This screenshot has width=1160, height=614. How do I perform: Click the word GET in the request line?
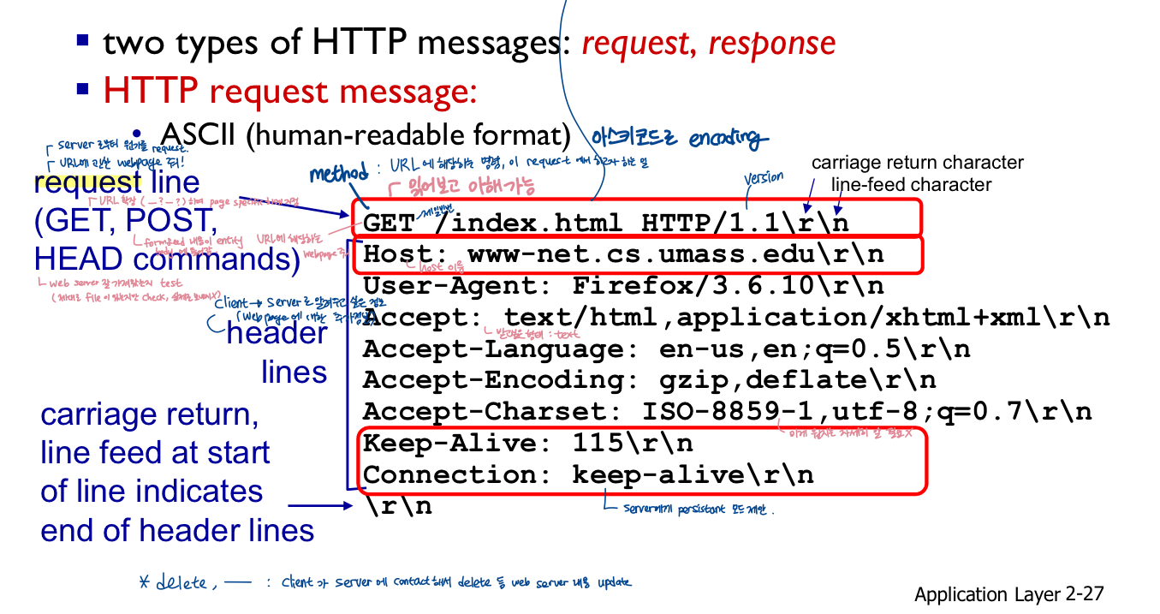click(390, 223)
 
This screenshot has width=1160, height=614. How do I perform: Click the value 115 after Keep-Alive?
click(598, 444)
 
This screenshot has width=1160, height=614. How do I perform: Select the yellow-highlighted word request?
click(88, 182)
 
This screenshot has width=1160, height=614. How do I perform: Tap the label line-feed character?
click(912, 185)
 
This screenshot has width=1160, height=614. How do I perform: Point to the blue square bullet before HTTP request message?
click(82, 88)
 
